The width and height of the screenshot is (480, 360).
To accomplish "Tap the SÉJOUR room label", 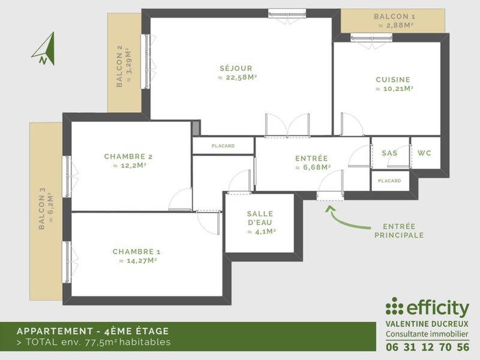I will click(235, 68).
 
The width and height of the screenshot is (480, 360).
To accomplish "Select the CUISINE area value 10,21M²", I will click(394, 89).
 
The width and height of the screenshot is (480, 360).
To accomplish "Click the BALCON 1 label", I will click(394, 17).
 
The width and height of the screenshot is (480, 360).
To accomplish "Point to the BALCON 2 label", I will click(120, 67).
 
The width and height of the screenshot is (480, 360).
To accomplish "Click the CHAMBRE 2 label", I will click(129, 157).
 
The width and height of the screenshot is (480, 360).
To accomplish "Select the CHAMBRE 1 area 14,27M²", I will click(137, 261).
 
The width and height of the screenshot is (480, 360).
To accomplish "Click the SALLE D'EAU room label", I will click(260, 218).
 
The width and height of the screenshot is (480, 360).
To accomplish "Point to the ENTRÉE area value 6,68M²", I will click(312, 168).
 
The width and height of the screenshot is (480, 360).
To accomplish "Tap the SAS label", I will click(389, 153).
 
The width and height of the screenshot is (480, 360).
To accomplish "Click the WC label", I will click(424, 153).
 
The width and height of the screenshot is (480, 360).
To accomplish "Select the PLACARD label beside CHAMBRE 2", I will click(223, 146).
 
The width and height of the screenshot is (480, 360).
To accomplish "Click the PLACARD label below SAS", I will click(389, 181).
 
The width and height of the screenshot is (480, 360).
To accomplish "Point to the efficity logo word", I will click(437, 308).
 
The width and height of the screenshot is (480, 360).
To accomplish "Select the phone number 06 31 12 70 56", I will click(427, 347).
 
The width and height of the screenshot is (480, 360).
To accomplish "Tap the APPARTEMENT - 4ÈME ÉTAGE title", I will click(92, 331).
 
